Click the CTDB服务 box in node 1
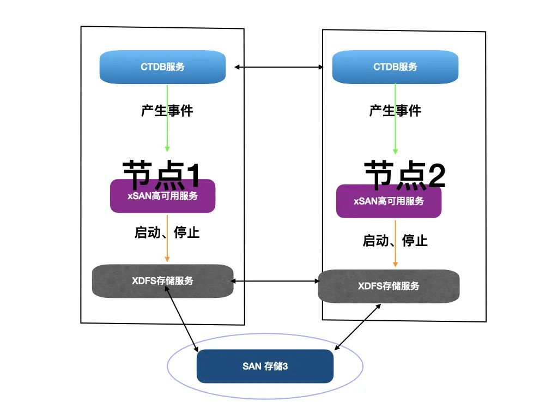[162, 67]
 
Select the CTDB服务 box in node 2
[395, 67]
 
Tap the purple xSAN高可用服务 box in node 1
[162, 196]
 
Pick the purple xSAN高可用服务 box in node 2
[389, 201]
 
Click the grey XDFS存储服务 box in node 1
[162, 282]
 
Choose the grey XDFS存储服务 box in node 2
[389, 286]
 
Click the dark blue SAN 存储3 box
[265, 366]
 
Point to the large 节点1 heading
[162, 172]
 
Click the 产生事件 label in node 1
[167, 111]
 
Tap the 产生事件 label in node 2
[395, 111]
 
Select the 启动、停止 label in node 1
[167, 232]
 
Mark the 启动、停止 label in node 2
[395, 240]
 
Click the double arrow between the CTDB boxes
[280, 67]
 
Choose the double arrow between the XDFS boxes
[276, 282]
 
